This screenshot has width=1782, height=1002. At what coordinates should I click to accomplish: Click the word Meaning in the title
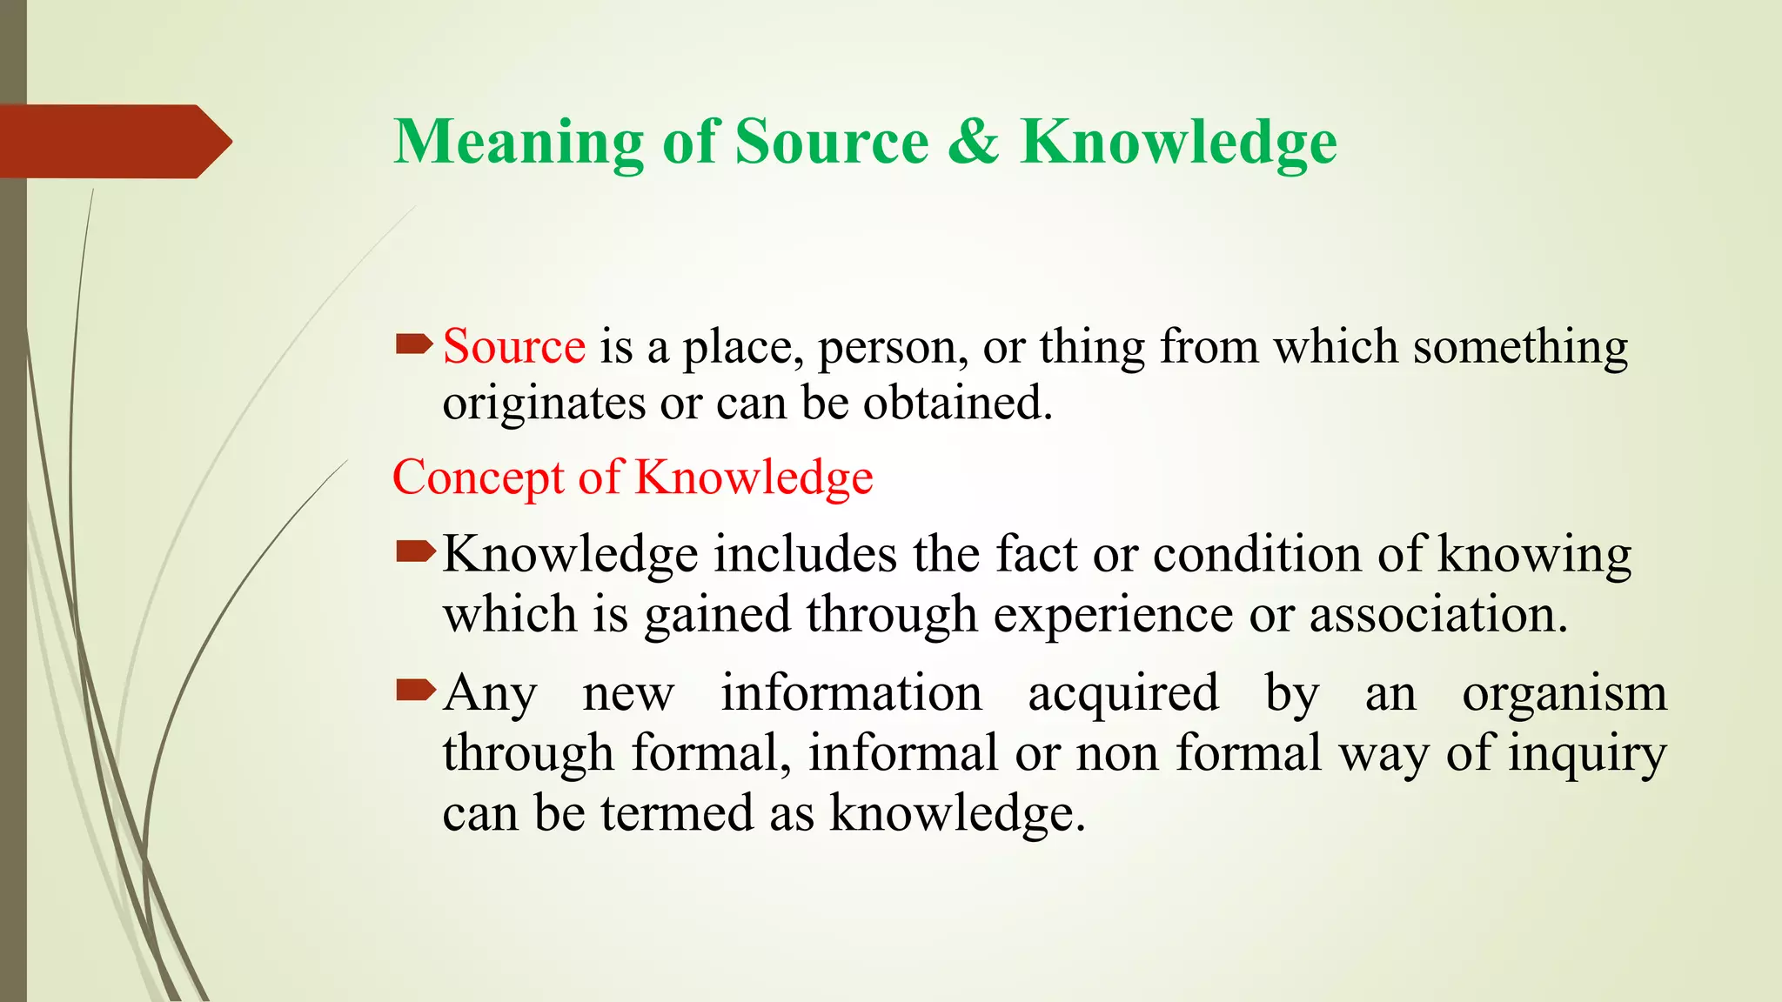pos(519,142)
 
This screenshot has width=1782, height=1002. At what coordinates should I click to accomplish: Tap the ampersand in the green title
pos(973,142)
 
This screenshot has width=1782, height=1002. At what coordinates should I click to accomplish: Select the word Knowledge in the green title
pos(1178,142)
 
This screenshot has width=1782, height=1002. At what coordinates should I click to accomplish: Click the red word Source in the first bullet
pos(514,347)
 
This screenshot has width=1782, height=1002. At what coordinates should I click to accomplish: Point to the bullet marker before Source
pos(414,345)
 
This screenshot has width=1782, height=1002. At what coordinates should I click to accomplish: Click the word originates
pos(544,404)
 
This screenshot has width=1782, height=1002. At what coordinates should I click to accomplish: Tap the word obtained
pos(957,404)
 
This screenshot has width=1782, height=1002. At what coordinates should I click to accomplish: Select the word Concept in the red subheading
pos(479,478)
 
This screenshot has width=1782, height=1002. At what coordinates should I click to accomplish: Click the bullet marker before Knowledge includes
pos(414,551)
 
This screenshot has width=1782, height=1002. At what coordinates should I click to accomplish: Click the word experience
pos(1113,615)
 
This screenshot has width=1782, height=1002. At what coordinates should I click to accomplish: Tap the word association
pos(1437,615)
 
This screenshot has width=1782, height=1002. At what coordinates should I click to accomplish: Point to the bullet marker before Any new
pos(414,691)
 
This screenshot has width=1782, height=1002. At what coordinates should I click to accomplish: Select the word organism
pos(1564,694)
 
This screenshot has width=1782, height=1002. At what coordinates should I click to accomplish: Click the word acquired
pos(1123,694)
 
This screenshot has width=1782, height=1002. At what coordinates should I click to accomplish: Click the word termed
pos(677,813)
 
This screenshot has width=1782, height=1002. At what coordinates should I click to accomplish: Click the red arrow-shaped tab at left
pos(113,142)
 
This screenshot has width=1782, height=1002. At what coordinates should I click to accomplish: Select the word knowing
pos(1534,554)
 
